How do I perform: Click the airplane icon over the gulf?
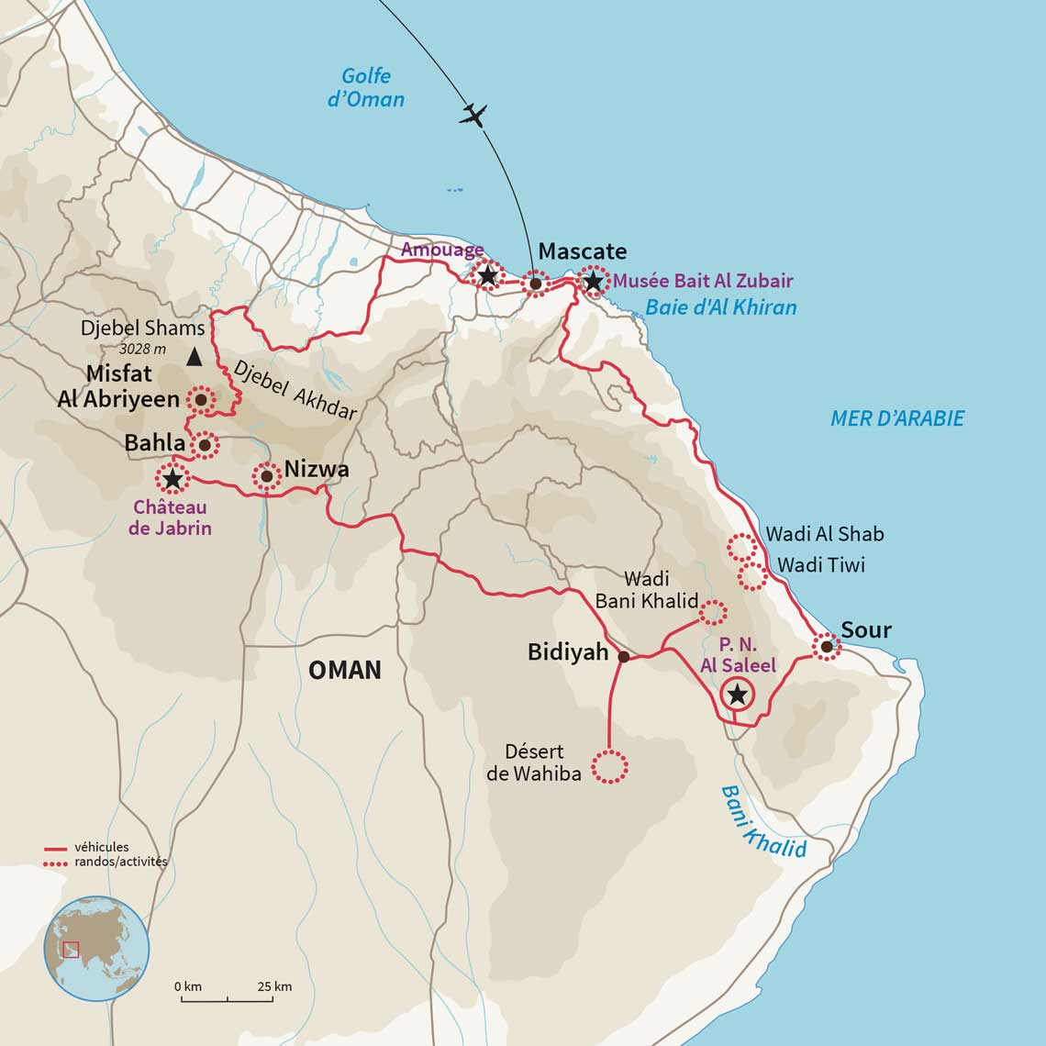(x=473, y=115)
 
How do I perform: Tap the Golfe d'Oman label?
(x=366, y=88)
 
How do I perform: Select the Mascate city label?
(x=582, y=251)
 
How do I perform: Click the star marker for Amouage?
(x=487, y=275)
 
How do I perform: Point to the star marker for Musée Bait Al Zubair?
(x=594, y=281)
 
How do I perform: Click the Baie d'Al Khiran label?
(x=720, y=307)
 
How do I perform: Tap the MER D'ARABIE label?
(x=896, y=418)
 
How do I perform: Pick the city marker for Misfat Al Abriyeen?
(x=200, y=400)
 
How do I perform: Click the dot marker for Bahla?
(x=204, y=445)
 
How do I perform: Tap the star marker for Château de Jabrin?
(x=171, y=478)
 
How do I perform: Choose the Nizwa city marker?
(x=266, y=476)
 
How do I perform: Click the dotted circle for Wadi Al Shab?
(x=740, y=547)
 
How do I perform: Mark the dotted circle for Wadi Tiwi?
(x=751, y=576)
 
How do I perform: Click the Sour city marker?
(x=826, y=647)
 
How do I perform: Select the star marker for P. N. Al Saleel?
(x=737, y=695)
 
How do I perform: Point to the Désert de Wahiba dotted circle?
(x=609, y=766)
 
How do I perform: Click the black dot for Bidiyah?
(x=624, y=657)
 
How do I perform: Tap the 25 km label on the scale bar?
(x=274, y=986)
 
